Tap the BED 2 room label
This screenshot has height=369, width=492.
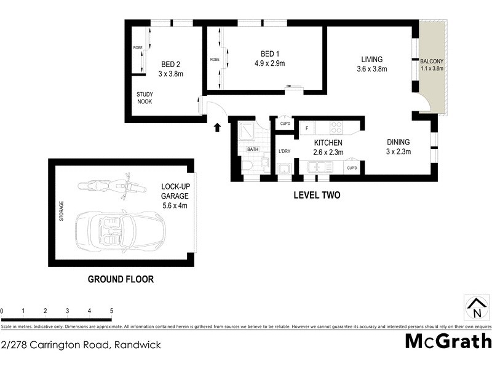pyautogui.click(x=172, y=68)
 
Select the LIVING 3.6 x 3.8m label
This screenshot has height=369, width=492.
pyautogui.click(x=371, y=64)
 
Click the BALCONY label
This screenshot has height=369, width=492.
pyautogui.click(x=431, y=65)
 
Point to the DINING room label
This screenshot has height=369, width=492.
pyautogui.click(x=398, y=146)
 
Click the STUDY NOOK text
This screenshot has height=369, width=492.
pyautogui.click(x=145, y=98)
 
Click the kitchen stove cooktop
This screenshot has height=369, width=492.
pyautogui.click(x=336, y=128)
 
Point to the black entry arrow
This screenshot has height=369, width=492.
pyautogui.click(x=216, y=127)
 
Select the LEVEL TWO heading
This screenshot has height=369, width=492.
pyautogui.click(x=317, y=196)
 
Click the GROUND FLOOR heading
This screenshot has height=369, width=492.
pyautogui.click(x=121, y=279)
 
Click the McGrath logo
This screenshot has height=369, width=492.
pyautogui.click(x=448, y=341)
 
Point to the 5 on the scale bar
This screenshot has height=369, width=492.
pyautogui.click(x=111, y=311)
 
